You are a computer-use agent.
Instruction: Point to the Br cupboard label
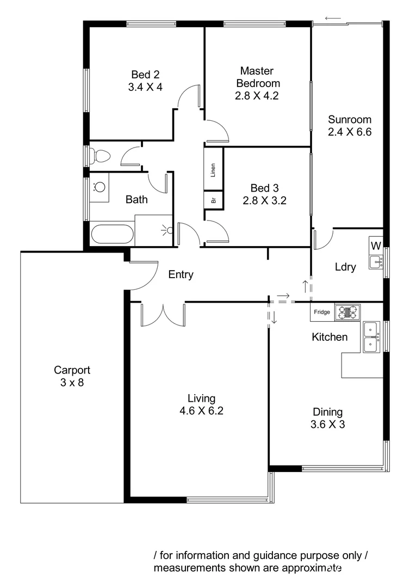click(x=214, y=200)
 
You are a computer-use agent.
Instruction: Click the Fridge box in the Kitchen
click(x=322, y=312)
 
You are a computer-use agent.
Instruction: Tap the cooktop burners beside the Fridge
click(x=347, y=312)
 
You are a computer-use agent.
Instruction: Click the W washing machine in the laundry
click(x=376, y=246)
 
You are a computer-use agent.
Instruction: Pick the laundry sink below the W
click(x=376, y=262)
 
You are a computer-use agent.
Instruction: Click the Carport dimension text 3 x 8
click(x=72, y=382)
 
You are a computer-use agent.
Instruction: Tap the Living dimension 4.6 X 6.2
click(x=201, y=411)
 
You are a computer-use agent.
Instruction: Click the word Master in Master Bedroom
click(x=257, y=71)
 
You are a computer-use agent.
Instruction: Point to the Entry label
click(x=181, y=275)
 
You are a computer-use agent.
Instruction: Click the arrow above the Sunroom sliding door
click(x=333, y=18)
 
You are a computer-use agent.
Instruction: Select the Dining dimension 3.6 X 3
click(x=327, y=425)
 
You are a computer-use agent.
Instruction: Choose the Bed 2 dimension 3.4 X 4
click(x=145, y=87)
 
